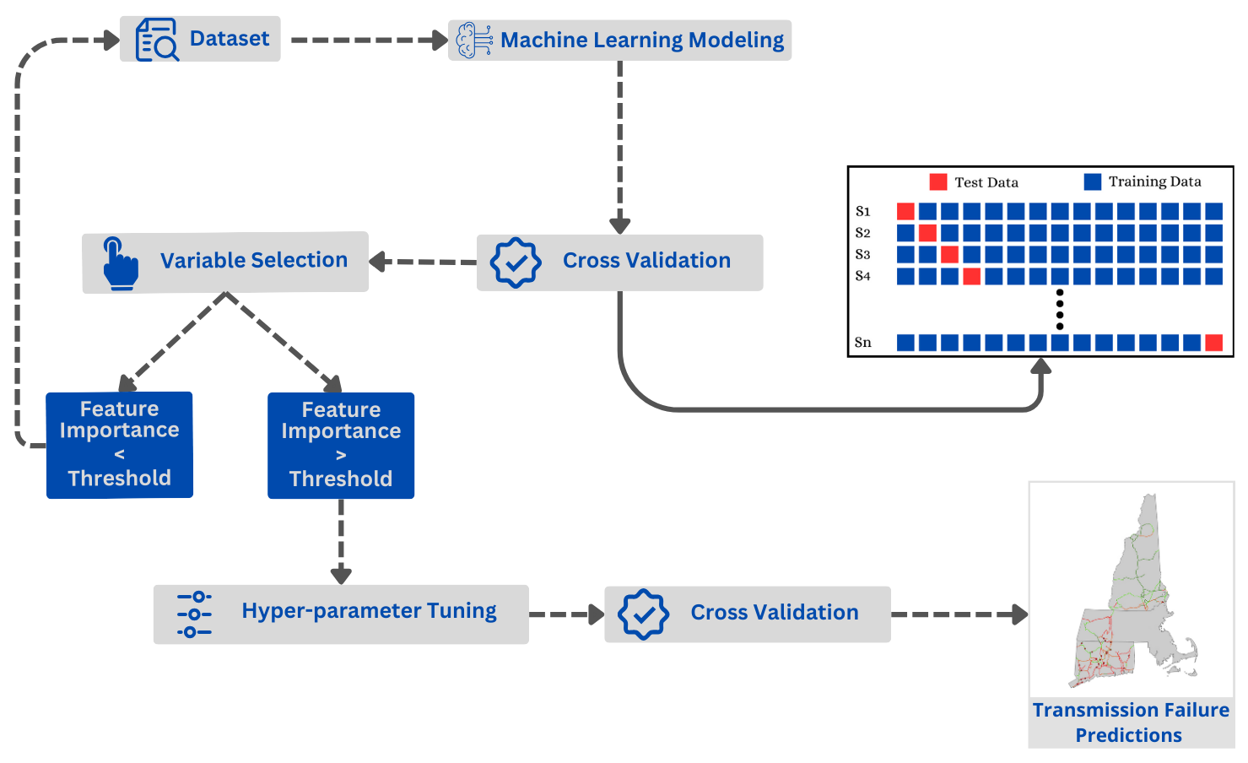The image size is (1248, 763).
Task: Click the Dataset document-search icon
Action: pos(157,39)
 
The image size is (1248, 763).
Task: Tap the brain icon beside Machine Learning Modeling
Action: pos(474,41)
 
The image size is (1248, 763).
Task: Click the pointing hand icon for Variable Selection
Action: pos(121,263)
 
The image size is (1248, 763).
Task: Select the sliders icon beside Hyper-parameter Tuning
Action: pos(194,614)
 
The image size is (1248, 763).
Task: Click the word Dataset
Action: pos(230,39)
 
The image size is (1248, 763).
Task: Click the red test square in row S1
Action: pos(905,211)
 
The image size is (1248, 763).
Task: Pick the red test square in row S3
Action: pos(949,255)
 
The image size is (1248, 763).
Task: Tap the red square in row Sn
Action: pos(1213,342)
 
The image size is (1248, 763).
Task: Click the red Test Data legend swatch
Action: pos(938,181)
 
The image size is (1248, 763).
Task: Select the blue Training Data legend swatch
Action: pos(1093,181)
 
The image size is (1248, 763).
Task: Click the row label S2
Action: pos(863,233)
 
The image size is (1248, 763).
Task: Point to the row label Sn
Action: pos(863,342)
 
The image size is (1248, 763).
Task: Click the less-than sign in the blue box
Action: pos(119,454)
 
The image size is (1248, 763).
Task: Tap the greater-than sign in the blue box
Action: pos(341,455)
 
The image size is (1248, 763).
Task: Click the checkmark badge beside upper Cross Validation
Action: pos(516,262)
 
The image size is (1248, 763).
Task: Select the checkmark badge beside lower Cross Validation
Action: pos(644,614)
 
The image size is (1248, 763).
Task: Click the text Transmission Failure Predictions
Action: pos(1131,722)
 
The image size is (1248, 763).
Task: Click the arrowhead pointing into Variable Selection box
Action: pos(378,262)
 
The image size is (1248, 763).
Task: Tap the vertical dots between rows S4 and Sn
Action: pos(1060,309)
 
